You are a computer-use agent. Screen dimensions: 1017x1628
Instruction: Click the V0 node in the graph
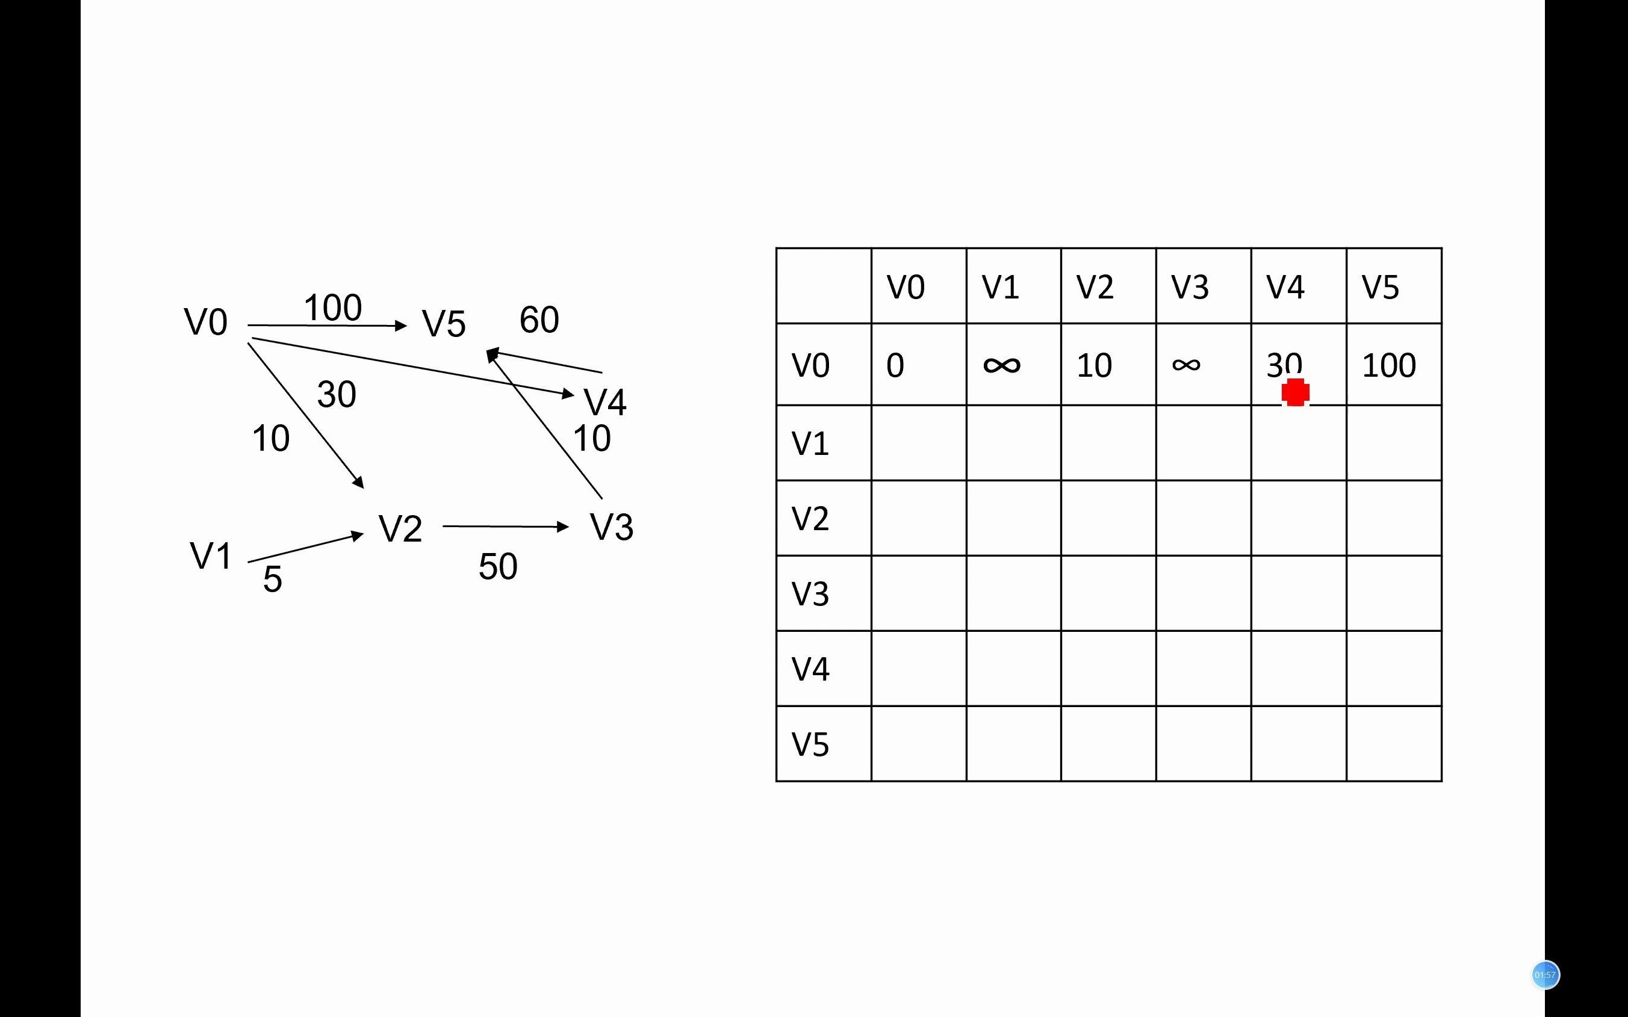click(x=206, y=322)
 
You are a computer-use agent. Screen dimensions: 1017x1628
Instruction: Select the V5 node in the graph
click(x=443, y=324)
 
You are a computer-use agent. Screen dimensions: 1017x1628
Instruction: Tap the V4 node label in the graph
click(x=605, y=402)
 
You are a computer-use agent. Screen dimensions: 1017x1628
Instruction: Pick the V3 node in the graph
click(x=611, y=527)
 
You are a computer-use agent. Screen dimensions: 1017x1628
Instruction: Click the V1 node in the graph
click(x=211, y=556)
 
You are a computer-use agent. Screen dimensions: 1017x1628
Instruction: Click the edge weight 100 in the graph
click(x=333, y=308)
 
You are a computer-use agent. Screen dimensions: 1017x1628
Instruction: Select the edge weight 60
click(x=539, y=320)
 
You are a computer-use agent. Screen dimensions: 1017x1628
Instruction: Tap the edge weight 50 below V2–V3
click(x=498, y=566)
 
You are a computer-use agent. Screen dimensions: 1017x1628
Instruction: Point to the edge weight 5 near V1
click(x=273, y=579)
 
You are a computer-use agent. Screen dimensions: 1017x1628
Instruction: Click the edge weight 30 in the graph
click(x=337, y=394)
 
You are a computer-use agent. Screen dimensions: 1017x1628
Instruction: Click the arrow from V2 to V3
click(x=505, y=527)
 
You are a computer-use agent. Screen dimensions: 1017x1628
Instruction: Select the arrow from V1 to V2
click(x=305, y=548)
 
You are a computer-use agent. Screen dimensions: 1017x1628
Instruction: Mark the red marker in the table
click(x=1295, y=392)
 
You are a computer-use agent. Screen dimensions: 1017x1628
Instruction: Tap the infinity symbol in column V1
click(x=1002, y=365)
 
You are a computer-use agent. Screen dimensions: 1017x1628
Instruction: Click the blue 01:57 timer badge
click(x=1544, y=975)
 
